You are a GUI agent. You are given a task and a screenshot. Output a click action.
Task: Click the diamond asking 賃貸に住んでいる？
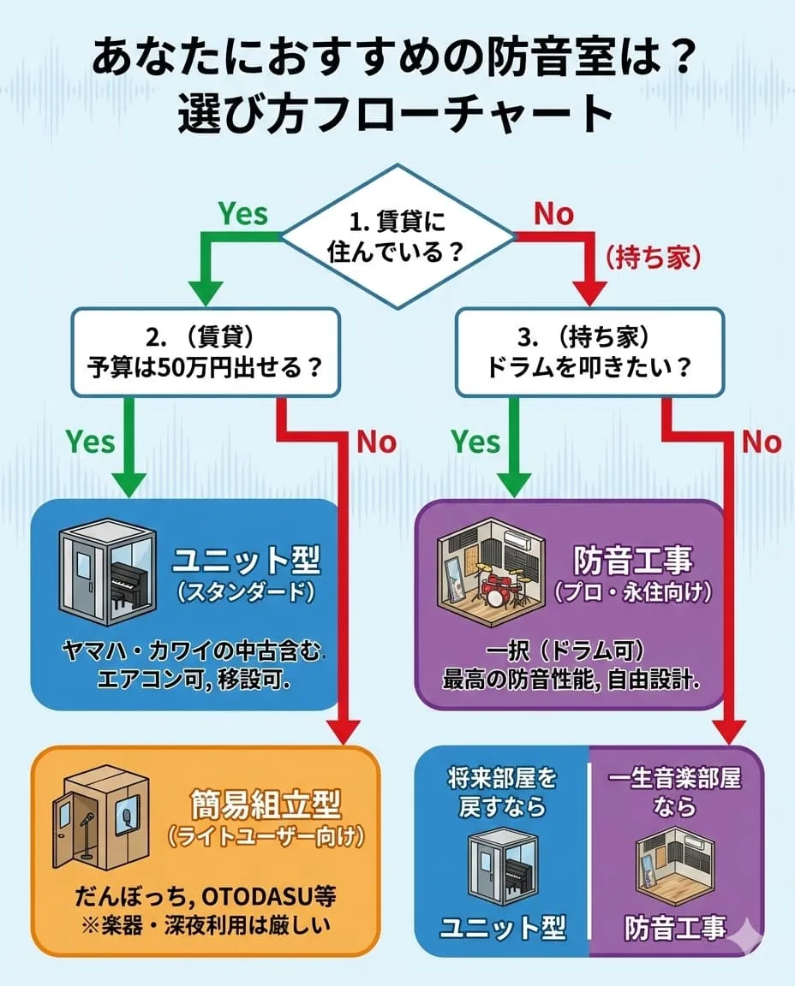(398, 237)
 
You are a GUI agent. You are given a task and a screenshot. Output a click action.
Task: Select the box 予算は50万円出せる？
(206, 353)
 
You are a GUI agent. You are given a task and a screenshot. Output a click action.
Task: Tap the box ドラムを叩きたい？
(589, 353)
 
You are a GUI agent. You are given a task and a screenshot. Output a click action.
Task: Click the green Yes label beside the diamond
(242, 213)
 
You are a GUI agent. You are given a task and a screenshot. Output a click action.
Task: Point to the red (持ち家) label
(654, 256)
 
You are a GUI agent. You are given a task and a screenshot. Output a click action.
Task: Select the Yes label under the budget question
(90, 442)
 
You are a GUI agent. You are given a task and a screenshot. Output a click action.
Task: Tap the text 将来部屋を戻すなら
(502, 793)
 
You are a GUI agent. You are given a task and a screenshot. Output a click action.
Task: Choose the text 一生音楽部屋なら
(675, 793)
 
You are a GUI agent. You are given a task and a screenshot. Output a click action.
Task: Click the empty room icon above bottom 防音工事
(675, 869)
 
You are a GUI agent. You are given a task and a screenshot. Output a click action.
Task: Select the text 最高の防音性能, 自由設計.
(571, 681)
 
